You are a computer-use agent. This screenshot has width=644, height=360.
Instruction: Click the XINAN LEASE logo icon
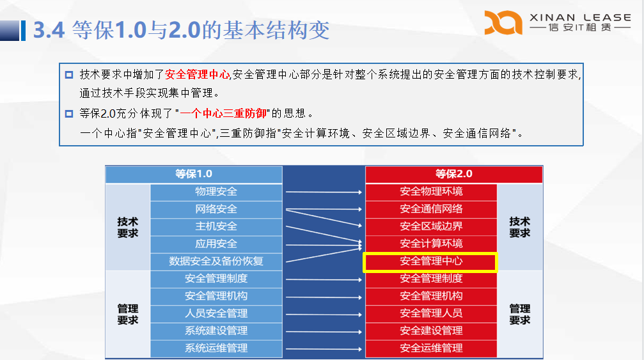pos(503,22)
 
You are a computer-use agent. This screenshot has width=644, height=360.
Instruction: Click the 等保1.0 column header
pos(194,175)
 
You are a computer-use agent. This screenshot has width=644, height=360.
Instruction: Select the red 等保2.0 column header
pos(454,175)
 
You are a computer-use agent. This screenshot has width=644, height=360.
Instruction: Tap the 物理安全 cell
pos(216,192)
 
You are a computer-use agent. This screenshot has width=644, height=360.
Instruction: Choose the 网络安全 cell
pos(216,209)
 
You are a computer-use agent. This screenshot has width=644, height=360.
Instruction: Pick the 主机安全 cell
pos(216,226)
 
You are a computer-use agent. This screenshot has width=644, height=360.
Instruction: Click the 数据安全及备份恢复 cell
pos(216,262)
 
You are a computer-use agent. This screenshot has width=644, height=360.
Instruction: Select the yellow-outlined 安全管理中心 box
pos(430,262)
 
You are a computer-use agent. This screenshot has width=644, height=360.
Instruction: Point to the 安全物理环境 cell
pos(431,192)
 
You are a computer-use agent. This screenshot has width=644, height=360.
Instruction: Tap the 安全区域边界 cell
pos(431,226)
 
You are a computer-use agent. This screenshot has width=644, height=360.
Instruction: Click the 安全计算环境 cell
pos(431,244)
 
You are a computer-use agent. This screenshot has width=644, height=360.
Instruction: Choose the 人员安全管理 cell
pos(216,313)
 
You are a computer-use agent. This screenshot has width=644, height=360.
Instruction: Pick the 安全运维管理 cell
pos(431,348)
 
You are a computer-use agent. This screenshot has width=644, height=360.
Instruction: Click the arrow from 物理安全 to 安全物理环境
pos(324,192)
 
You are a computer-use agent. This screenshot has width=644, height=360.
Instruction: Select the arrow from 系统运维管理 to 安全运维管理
pos(324,349)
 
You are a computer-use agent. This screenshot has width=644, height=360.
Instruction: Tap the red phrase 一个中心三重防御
pos(223,113)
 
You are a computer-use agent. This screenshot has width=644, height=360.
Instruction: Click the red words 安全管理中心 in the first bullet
pos(197,75)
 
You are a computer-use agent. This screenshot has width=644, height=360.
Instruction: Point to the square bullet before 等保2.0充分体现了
pos(69,114)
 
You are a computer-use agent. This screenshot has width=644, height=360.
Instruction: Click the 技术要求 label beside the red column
pos(519,228)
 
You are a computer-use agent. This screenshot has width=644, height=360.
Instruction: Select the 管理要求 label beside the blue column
pos(128,315)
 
